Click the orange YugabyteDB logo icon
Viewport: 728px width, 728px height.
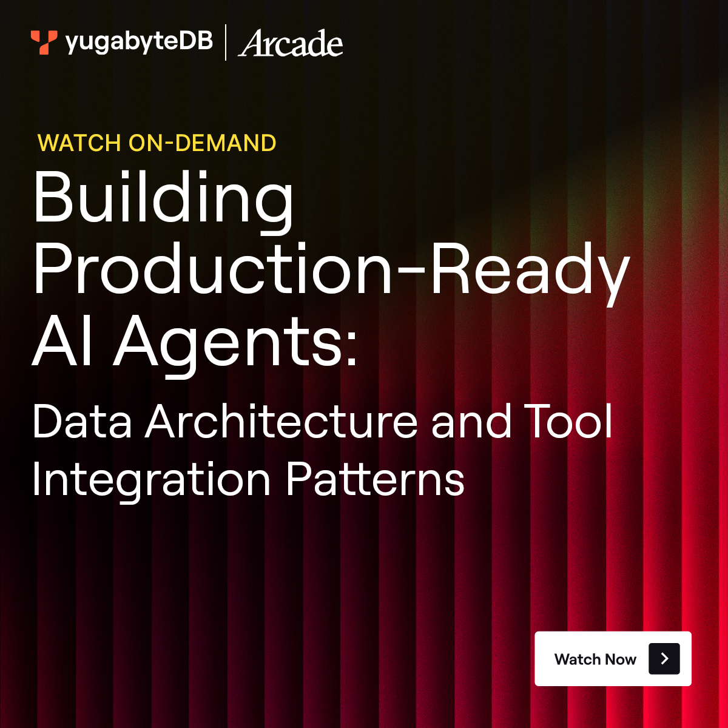44,42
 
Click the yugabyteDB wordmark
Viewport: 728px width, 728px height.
139,42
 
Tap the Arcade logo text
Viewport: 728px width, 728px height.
291,44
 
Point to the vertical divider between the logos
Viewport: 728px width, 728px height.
226,42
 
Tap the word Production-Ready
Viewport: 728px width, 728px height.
331,269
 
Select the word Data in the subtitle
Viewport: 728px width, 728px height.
82,422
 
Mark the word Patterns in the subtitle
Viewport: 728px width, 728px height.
375,479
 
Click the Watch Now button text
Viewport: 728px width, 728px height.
595,659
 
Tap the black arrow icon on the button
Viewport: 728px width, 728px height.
664,659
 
